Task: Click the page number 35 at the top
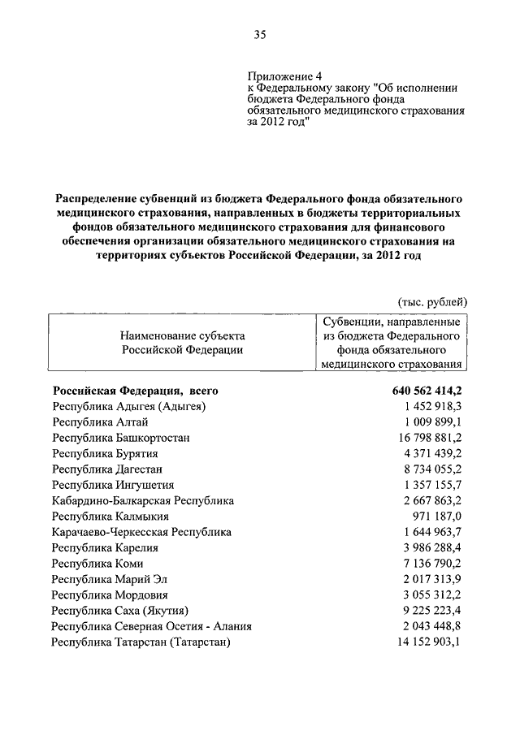point(259,34)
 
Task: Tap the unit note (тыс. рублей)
point(431,302)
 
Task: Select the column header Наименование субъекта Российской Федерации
point(182,343)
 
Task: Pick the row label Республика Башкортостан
point(121,438)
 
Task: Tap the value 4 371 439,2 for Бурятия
point(427,453)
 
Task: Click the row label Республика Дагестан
point(107,469)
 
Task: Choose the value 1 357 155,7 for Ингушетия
point(427,485)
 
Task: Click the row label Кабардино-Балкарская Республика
point(142,500)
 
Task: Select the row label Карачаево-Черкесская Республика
point(141,532)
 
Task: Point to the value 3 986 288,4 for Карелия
point(427,547)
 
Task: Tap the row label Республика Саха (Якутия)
point(120,611)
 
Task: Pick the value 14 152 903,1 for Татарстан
point(423,642)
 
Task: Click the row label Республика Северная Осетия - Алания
point(151,626)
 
